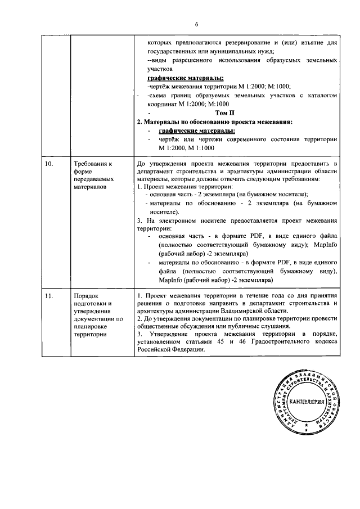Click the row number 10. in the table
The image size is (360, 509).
pyautogui.click(x=49, y=163)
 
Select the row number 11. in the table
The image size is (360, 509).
pyautogui.click(x=49, y=295)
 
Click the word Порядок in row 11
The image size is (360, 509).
pyautogui.click(x=86, y=295)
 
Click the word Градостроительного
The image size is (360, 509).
pyautogui.click(x=283, y=341)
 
